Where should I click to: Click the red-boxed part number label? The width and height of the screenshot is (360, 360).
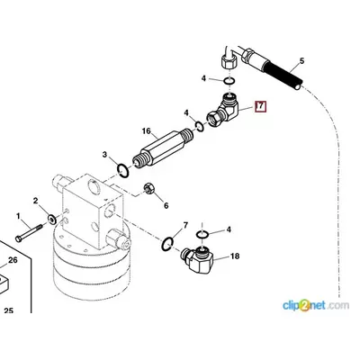click(x=260, y=106)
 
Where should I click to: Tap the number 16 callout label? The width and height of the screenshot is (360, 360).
click(x=147, y=131)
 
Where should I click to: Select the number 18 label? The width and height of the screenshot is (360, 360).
click(x=235, y=256)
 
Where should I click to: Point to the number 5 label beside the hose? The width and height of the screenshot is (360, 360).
click(x=301, y=61)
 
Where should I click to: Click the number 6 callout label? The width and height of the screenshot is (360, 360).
click(x=166, y=205)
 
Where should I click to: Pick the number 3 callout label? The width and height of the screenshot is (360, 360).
click(x=104, y=155)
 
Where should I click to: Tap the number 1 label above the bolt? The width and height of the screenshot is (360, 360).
click(x=18, y=216)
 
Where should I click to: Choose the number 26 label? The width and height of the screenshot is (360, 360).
click(x=13, y=260)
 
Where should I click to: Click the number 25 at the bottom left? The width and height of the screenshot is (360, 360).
click(x=9, y=310)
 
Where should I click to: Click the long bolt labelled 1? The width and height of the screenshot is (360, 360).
click(x=29, y=233)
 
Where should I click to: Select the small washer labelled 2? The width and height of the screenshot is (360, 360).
click(x=51, y=220)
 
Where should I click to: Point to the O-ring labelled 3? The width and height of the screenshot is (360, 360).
click(x=122, y=170)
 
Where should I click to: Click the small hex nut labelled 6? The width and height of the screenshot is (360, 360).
click(x=149, y=188)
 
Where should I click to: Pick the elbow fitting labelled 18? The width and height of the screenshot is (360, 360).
click(x=198, y=260)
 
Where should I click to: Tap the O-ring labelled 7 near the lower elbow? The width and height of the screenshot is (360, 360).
click(x=167, y=243)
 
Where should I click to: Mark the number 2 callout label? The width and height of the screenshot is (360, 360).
click(x=36, y=201)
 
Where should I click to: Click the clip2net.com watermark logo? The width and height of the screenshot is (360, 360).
click(x=316, y=306)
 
